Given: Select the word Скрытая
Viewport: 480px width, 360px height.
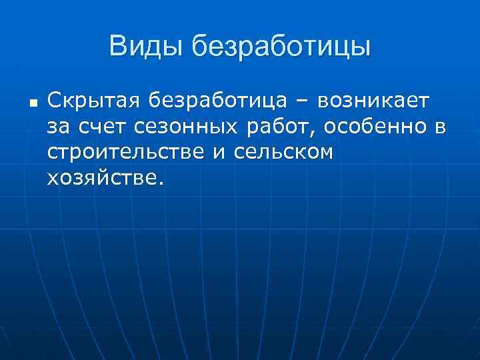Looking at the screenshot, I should coord(93,101).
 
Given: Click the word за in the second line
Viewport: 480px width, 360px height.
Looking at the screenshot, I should coord(58,127).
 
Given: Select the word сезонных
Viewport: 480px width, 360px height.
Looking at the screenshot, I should coord(181,127).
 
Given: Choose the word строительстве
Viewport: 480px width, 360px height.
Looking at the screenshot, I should coord(127,152).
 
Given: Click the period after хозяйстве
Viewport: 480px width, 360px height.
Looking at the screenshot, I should coord(159,183).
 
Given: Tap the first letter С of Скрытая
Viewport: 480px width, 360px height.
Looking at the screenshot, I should coord(53,101).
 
